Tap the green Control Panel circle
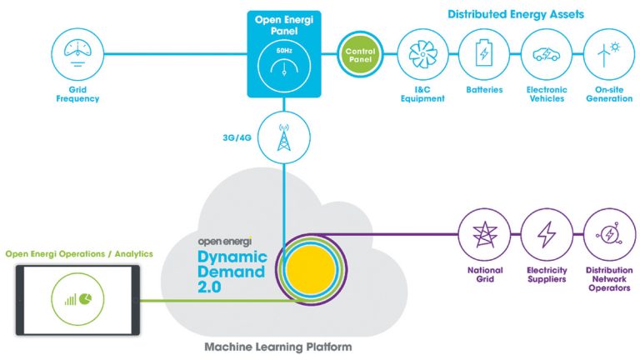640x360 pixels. pyautogui.click(x=361, y=54)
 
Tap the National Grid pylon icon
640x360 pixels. pyautogui.click(x=483, y=237)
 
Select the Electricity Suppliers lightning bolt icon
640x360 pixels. pyautogui.click(x=546, y=237)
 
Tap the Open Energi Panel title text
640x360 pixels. pyautogui.click(x=285, y=21)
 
